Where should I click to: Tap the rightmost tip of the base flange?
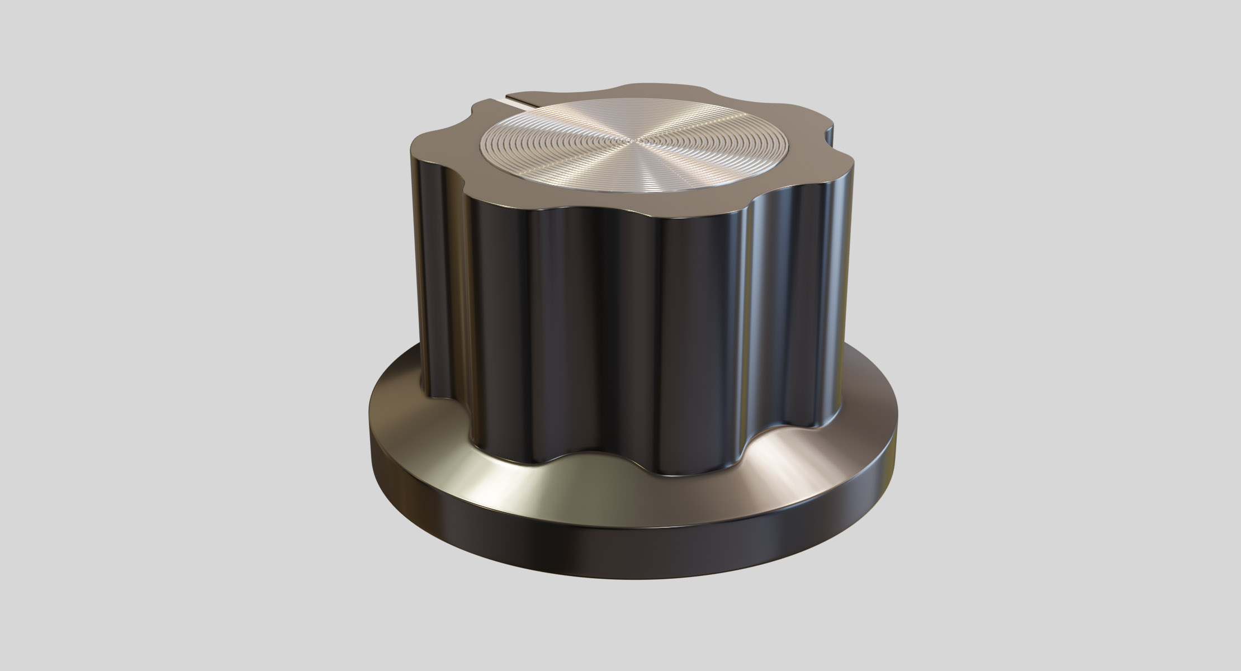coord(898,436)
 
